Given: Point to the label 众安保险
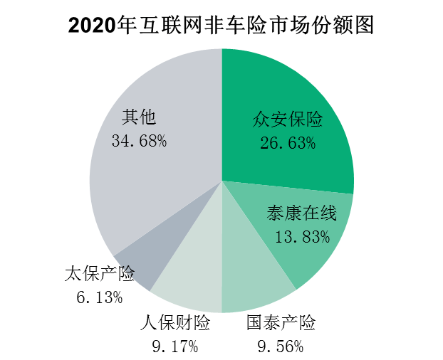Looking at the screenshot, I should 288,119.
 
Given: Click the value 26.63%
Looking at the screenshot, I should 288,143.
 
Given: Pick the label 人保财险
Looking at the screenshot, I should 174,324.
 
